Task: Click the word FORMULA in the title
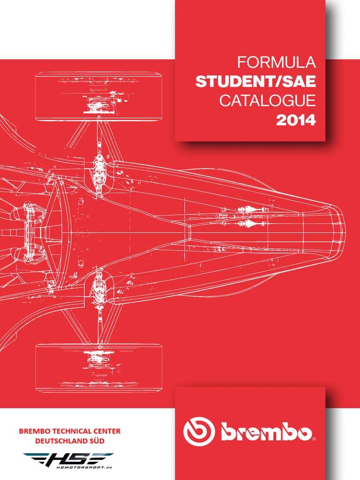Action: (x=277, y=62)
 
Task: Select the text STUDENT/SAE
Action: (x=256, y=82)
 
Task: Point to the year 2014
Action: (x=296, y=120)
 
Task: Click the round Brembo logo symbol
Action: (x=199, y=432)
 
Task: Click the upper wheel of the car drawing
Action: (x=98, y=96)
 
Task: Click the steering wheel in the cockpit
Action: (x=28, y=232)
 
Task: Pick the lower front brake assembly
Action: (x=99, y=287)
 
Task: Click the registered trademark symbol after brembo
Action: (x=314, y=439)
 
